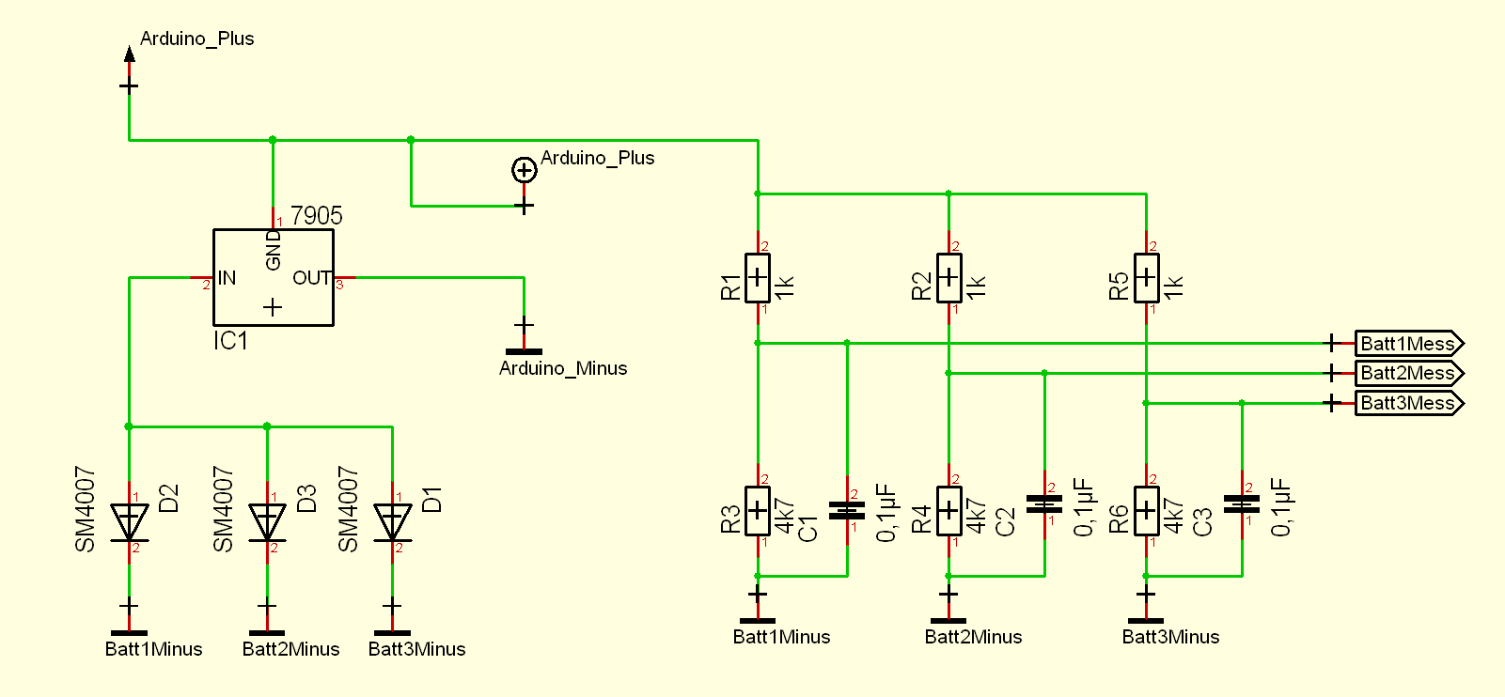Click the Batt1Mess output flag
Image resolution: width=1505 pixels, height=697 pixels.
(x=1408, y=344)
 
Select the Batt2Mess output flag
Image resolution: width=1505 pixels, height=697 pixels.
(x=1408, y=374)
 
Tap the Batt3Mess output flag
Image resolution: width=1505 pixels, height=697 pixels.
(x=1408, y=404)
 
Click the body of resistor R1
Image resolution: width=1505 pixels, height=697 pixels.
(x=758, y=278)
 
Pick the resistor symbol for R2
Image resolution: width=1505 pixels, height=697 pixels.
(x=948, y=278)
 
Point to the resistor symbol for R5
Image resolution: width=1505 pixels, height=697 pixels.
(x=1146, y=278)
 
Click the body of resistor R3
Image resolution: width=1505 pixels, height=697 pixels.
(x=758, y=511)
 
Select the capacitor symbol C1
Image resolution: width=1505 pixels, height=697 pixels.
(x=847, y=511)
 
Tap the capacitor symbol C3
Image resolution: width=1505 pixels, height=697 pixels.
(x=1242, y=504)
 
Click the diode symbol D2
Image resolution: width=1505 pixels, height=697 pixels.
(x=129, y=522)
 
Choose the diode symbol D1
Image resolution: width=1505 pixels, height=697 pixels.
(x=392, y=522)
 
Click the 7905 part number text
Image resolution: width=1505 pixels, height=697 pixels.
(x=317, y=216)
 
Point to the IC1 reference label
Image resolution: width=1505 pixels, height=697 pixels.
(x=230, y=341)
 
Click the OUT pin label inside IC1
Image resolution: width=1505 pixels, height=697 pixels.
(x=311, y=278)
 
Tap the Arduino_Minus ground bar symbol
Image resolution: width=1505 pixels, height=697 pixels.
(x=524, y=351)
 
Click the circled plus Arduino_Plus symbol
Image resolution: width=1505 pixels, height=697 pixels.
(x=524, y=170)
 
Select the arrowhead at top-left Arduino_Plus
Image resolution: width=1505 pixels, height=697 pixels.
(x=129, y=54)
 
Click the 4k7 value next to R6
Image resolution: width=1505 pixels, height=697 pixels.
(x=1174, y=516)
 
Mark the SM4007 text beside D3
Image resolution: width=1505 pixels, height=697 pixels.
(x=223, y=509)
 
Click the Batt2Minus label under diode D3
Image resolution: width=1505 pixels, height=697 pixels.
(x=290, y=649)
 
